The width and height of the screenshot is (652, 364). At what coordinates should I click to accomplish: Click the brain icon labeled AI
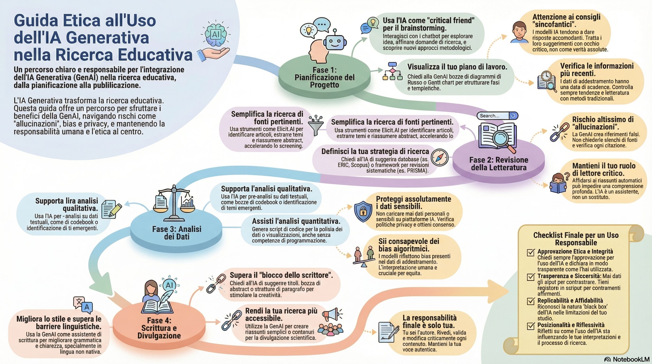(215, 34)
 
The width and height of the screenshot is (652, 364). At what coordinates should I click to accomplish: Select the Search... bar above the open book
(497, 116)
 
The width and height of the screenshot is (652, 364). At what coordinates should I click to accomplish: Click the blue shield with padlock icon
(363, 211)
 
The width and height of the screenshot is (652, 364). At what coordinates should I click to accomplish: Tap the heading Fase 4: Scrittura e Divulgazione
(159, 328)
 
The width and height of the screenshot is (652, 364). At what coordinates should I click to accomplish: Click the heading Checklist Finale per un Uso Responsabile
(576, 239)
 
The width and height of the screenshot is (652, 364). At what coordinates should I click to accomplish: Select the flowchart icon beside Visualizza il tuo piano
(392, 71)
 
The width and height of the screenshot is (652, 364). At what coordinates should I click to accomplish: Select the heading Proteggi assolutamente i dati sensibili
(413, 203)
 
